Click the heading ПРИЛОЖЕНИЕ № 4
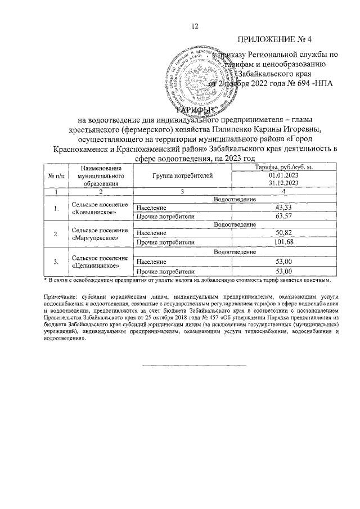coord(274,39)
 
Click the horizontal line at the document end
coord(179,366)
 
